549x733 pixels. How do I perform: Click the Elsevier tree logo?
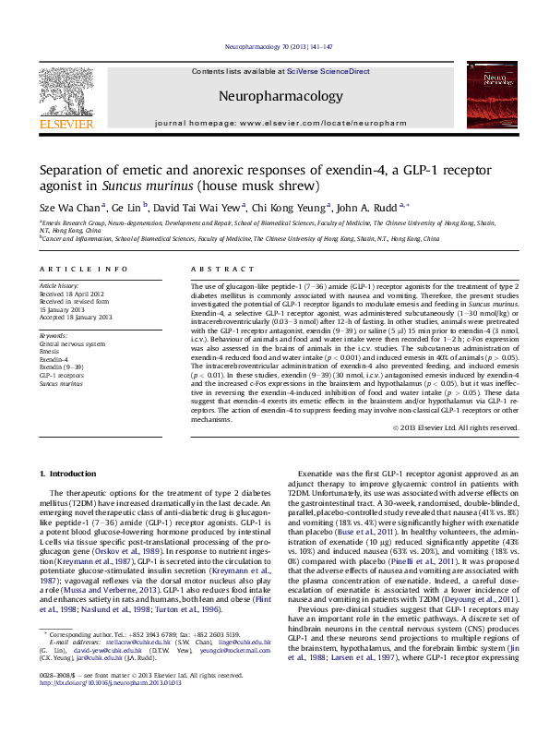[64, 89]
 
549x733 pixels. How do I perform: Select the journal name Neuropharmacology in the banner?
[280, 95]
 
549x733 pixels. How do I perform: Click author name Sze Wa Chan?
[70, 208]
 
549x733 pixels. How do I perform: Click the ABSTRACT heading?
[215, 269]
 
